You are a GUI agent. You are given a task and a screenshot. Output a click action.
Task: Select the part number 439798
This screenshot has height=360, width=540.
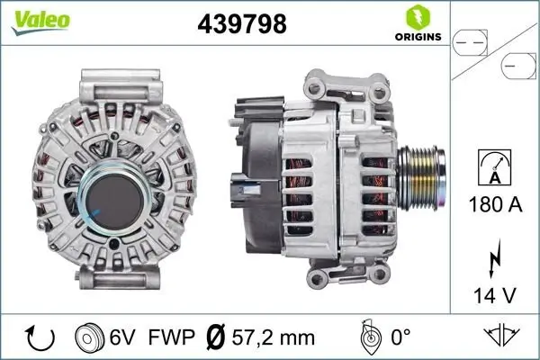pos(242,25)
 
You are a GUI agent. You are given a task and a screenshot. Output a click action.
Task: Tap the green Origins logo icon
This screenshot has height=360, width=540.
pos(417,16)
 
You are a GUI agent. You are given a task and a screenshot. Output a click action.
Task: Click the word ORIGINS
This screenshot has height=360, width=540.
pos(416,37)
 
